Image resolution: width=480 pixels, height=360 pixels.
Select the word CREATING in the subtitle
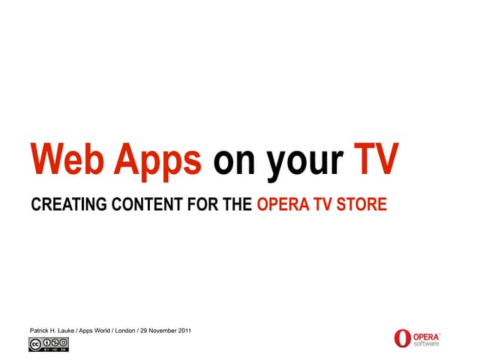click(63, 204)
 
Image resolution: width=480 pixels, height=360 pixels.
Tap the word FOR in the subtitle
click(188, 204)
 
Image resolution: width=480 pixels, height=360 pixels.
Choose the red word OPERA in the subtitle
click(282, 204)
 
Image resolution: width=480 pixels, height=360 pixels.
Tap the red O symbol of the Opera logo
click(403, 338)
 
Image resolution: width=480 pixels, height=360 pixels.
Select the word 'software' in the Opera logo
click(427, 343)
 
